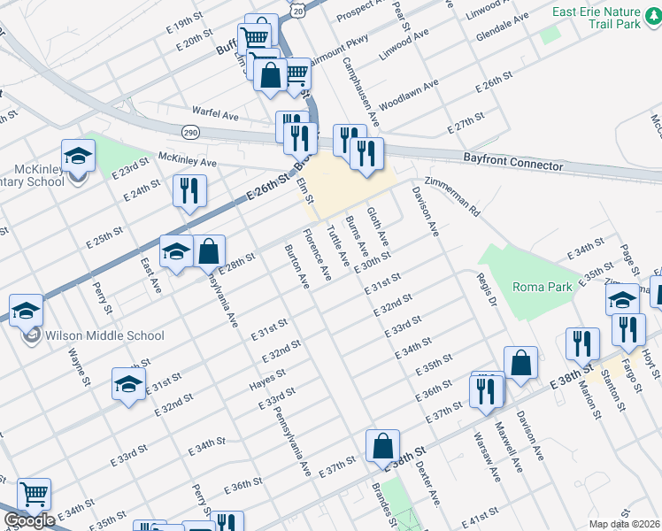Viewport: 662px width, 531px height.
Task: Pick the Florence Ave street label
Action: coord(316,256)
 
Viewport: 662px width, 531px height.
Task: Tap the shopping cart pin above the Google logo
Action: coord(34,494)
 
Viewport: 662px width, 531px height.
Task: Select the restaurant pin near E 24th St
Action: coord(189,191)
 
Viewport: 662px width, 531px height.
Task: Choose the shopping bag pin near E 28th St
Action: coord(209,252)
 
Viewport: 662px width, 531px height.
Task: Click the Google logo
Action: coord(29,520)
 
